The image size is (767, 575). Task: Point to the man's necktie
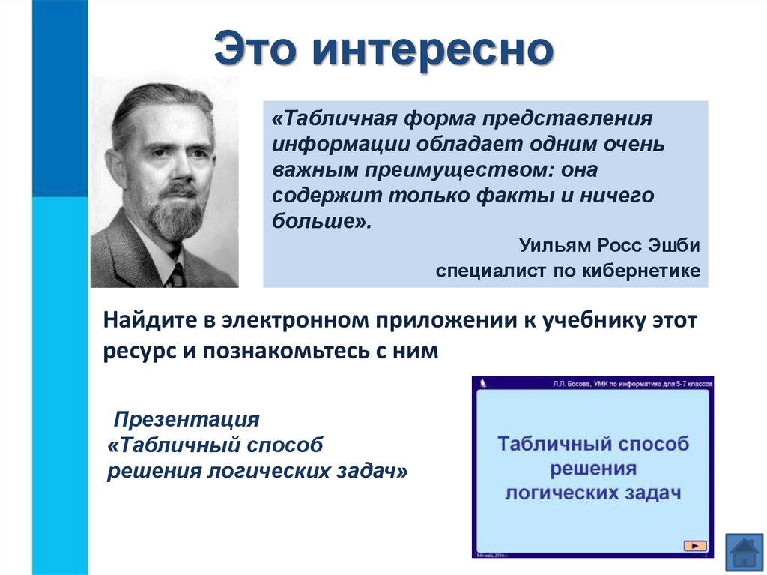tap(177, 276)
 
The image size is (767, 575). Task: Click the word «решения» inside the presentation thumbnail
tap(592, 469)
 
